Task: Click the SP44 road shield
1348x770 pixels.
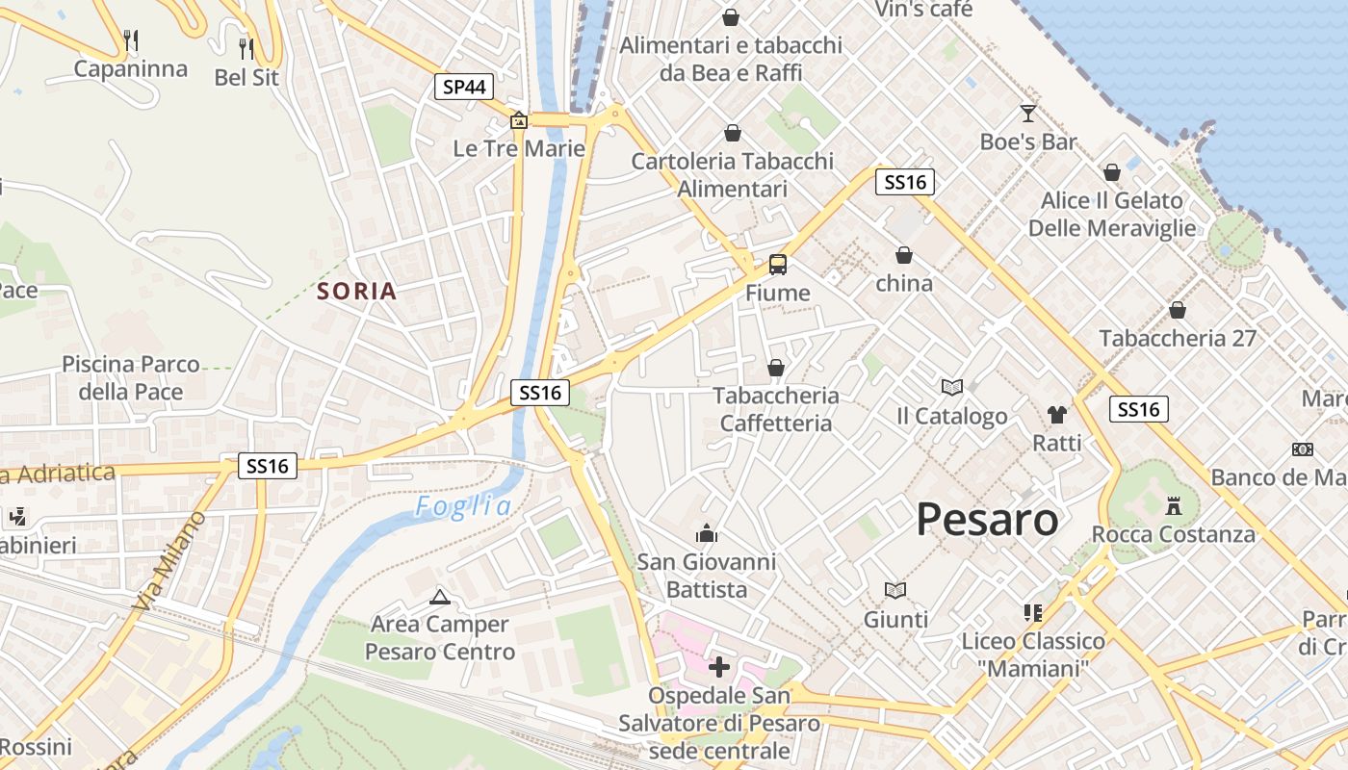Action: pos(463,87)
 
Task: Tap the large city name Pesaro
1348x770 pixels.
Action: pos(987,520)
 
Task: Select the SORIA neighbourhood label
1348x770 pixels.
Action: pos(356,292)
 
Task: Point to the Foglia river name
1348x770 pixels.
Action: pos(463,507)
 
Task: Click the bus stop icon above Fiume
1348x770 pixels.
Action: pos(777,264)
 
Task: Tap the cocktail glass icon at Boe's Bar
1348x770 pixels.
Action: pos(1028,113)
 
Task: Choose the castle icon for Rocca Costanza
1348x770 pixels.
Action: pos(1173,505)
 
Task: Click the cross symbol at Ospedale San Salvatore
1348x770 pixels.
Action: pos(719,666)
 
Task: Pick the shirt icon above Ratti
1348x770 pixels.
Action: pos(1057,415)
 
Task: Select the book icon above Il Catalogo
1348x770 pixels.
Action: pos(952,387)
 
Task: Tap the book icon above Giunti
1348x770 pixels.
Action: pos(895,590)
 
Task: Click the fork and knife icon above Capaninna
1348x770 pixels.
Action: pos(132,39)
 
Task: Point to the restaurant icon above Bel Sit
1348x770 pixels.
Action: pos(246,47)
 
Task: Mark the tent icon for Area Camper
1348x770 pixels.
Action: pos(440,597)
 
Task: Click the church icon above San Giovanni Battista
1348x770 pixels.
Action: pos(707,532)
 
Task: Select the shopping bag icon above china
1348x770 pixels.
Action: pos(904,255)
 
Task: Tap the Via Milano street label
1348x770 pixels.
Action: pos(170,561)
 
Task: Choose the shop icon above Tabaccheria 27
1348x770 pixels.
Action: pos(1177,310)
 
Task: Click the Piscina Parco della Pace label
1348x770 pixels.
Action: pos(131,378)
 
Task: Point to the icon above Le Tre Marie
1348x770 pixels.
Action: pos(519,120)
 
